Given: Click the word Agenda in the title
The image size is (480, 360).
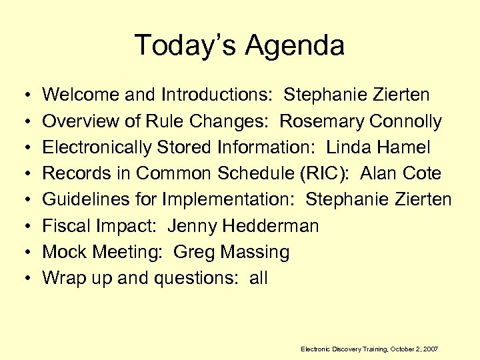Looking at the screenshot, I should tap(294, 45).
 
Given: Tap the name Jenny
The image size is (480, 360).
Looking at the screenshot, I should tap(192, 227).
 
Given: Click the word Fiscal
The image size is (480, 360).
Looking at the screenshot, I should tap(65, 226).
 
